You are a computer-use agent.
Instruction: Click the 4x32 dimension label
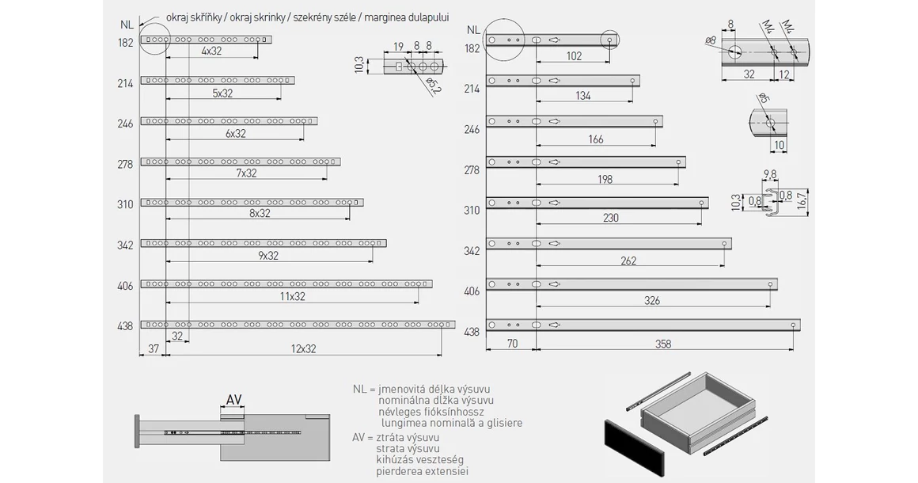(211, 51)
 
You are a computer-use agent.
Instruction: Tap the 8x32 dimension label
(259, 214)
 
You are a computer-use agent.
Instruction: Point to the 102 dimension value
(574, 56)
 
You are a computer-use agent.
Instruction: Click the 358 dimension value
(663, 344)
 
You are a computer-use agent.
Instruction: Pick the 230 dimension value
(610, 218)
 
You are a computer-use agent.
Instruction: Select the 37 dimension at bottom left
(154, 348)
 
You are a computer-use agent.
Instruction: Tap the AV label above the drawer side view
(233, 400)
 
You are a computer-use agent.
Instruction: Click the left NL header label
(126, 24)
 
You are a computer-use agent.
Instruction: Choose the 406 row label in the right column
(472, 291)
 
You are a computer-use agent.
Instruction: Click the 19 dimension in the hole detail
(398, 46)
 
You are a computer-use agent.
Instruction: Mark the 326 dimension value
(652, 301)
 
